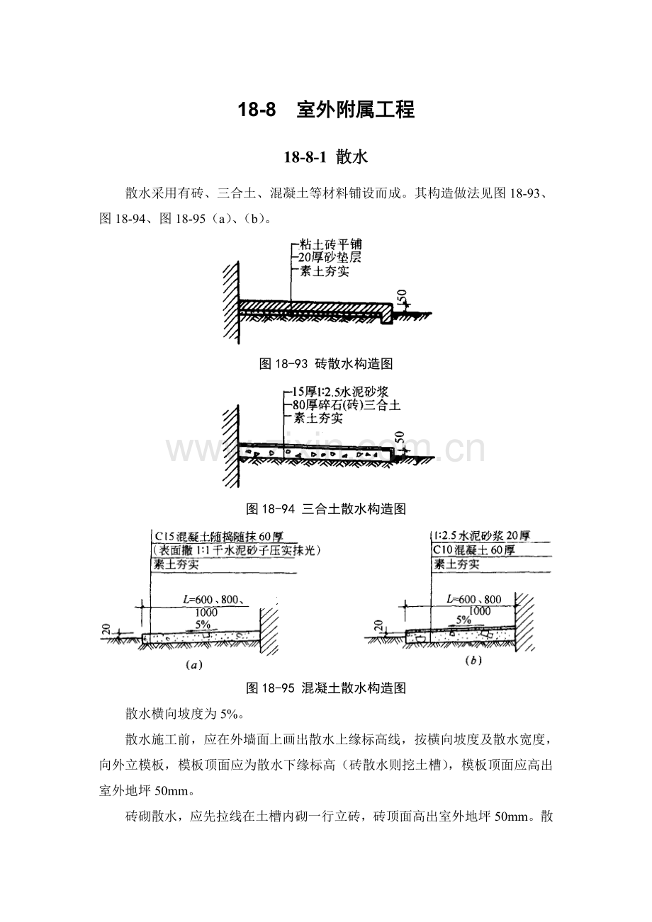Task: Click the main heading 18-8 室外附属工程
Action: pyautogui.click(x=326, y=110)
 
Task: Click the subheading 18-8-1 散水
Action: pyautogui.click(x=325, y=157)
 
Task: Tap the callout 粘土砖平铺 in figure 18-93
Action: pyautogui.click(x=331, y=244)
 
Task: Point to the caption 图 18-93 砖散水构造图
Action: pyautogui.click(x=325, y=364)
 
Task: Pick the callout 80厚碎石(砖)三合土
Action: pyautogui.click(x=347, y=406)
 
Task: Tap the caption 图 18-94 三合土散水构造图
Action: pyautogui.click(x=326, y=510)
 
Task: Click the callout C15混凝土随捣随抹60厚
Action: pyautogui.click(x=219, y=537)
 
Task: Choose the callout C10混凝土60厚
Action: pyautogui.click(x=473, y=550)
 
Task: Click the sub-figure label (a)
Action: pyautogui.click(x=194, y=665)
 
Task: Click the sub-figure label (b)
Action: pyautogui.click(x=473, y=661)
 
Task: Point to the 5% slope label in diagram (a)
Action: pyautogui.click(x=203, y=625)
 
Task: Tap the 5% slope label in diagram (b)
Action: pyautogui.click(x=463, y=620)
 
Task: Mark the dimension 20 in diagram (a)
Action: pyautogui.click(x=106, y=629)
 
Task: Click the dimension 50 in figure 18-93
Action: pyautogui.click(x=402, y=296)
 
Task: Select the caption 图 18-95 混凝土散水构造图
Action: pyautogui.click(x=326, y=688)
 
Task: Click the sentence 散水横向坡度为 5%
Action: pyautogui.click(x=185, y=714)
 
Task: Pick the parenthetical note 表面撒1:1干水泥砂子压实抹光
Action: pyautogui.click(x=237, y=551)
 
